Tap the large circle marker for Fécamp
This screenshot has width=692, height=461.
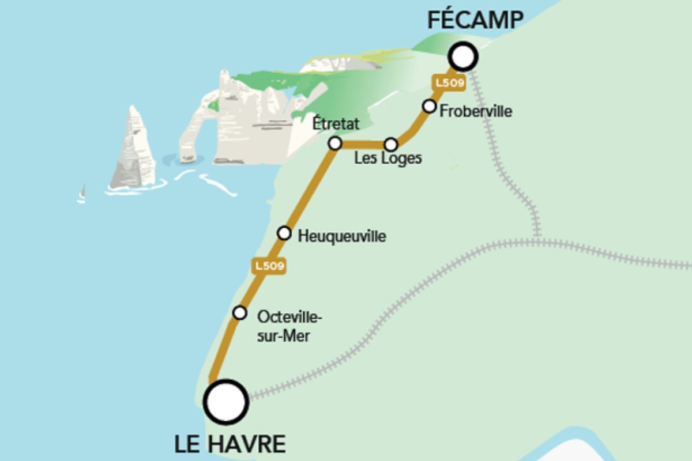(x=464, y=56)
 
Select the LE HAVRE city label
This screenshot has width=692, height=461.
(x=230, y=444)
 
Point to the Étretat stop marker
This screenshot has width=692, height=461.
(x=334, y=143)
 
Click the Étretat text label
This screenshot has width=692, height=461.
(x=336, y=123)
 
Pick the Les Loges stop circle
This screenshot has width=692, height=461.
(x=391, y=144)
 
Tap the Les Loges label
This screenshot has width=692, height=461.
(x=388, y=158)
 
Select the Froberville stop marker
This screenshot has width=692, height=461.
(x=429, y=106)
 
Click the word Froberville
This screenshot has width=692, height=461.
(x=475, y=111)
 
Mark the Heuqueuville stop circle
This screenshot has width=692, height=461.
(x=284, y=233)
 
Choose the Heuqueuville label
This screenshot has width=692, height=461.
(x=342, y=236)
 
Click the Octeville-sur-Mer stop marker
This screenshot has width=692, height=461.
(x=240, y=313)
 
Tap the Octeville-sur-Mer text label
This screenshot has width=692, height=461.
(x=290, y=326)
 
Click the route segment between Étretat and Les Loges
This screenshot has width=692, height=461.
(x=363, y=144)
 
